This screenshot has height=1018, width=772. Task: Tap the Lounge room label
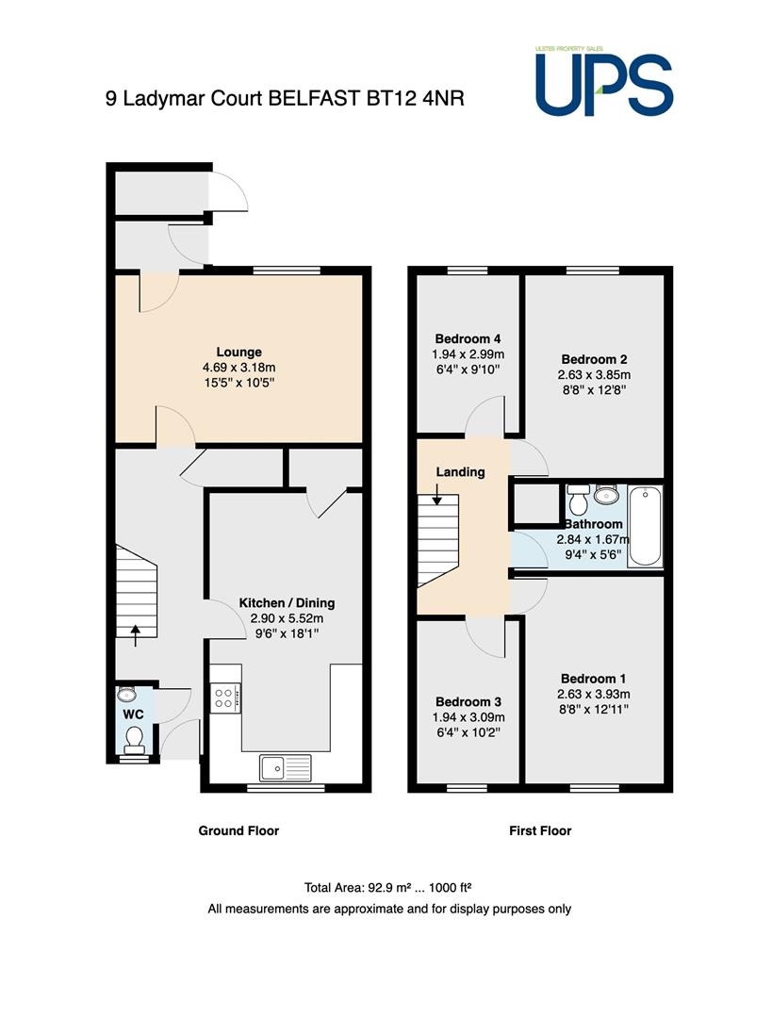pos(238,352)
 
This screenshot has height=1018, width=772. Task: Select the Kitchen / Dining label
pos(287,602)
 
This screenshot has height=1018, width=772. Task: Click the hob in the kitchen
pos(225,698)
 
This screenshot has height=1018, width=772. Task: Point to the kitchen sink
pos(285,767)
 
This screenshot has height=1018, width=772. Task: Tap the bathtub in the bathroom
pos(645,526)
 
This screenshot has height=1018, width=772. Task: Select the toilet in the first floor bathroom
pos(577,499)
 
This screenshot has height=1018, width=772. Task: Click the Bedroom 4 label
pos(468,339)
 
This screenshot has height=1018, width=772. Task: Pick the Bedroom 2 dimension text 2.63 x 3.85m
pos(594,374)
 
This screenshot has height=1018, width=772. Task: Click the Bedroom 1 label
pos(594,679)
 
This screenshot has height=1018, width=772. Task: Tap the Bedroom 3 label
pos(468,702)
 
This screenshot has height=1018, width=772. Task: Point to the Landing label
pos(460,472)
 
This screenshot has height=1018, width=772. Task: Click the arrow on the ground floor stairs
pos(135,636)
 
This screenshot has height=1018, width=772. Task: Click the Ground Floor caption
pos(238,830)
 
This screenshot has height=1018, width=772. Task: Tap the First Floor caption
pos(540,830)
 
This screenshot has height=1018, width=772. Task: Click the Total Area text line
pos(387,888)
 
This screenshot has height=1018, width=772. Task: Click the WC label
pos(134,714)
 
